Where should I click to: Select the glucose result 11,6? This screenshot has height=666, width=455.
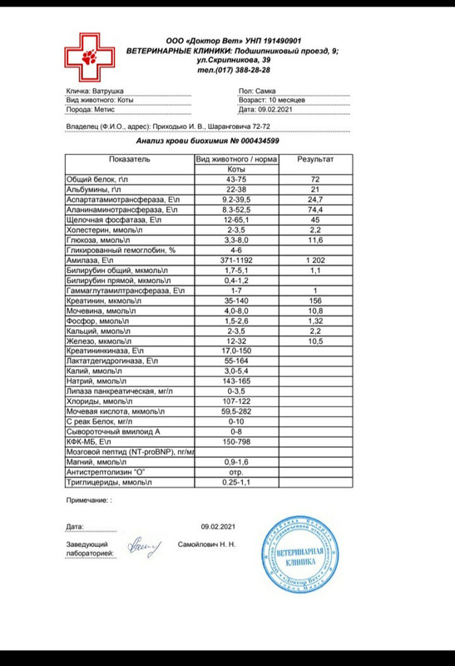click(315, 240)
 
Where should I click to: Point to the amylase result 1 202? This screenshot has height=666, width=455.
click(315, 261)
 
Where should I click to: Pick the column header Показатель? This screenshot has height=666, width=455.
click(128, 158)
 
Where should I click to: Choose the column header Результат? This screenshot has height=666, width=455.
click(315, 158)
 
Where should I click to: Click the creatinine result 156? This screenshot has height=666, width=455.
click(315, 301)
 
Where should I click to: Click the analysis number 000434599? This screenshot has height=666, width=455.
click(255, 141)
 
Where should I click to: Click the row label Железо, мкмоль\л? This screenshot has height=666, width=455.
click(98, 341)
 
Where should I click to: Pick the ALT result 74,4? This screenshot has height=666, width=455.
click(315, 210)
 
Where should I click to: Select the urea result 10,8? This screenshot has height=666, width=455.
click(315, 311)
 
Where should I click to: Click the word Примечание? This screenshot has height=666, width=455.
click(87, 500)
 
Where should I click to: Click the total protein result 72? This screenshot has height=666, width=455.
click(315, 180)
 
